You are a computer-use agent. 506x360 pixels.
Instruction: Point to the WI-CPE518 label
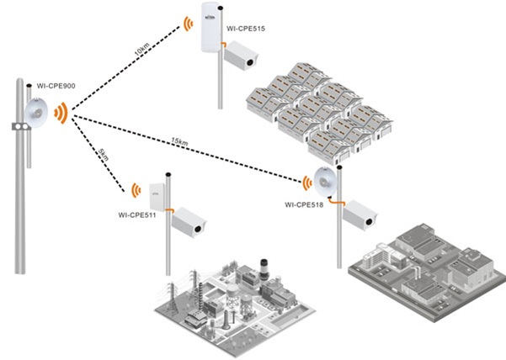tap(305, 204)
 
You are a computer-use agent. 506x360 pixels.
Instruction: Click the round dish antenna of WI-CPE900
tap(35, 113)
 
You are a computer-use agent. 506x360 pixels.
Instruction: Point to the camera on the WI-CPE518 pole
tap(360, 214)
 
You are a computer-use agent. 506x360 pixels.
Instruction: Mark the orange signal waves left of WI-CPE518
tap(305, 179)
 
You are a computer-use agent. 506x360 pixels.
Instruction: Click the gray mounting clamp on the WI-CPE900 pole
tap(15, 126)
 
